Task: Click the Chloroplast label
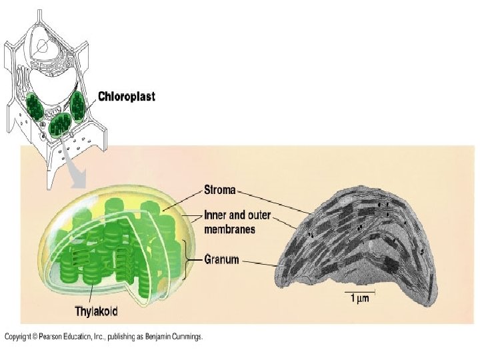(x=127, y=97)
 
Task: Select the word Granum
(x=221, y=259)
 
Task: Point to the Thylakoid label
(x=97, y=311)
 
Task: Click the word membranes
(x=231, y=229)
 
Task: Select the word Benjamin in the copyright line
(x=150, y=337)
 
